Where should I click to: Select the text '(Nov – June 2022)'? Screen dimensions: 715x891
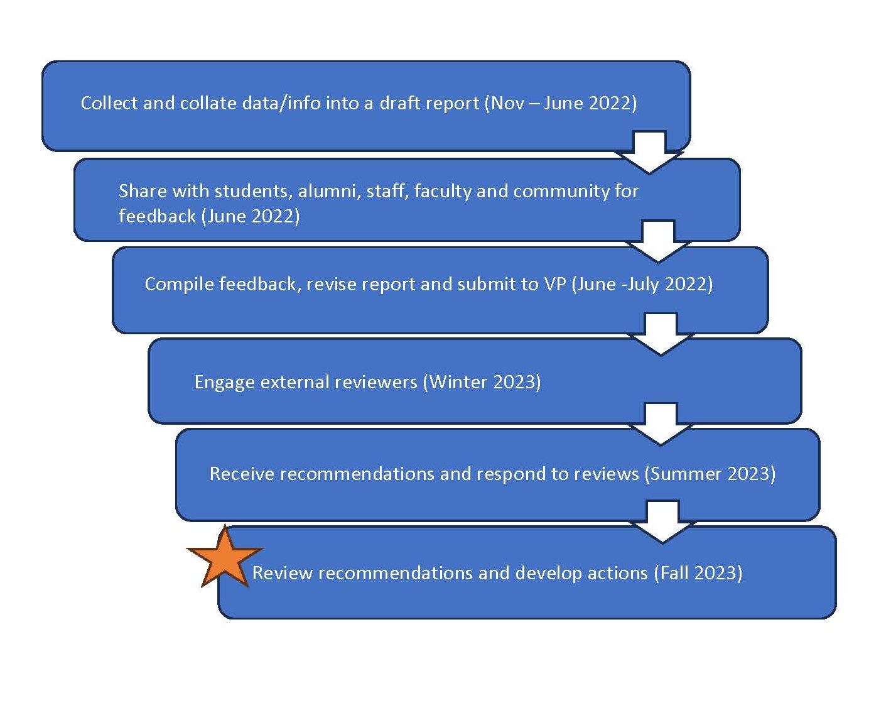point(561,103)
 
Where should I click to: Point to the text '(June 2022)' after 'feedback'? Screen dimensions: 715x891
point(251,216)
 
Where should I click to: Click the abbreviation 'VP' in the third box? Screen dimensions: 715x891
point(555,284)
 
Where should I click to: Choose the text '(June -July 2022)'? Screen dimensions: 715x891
point(642,284)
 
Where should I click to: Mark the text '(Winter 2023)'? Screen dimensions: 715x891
point(482,382)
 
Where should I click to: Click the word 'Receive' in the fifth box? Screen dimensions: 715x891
point(241,474)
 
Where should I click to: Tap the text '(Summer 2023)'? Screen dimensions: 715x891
point(710,474)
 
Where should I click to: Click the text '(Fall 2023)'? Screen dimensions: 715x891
point(698,573)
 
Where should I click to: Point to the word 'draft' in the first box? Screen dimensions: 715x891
point(397,103)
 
